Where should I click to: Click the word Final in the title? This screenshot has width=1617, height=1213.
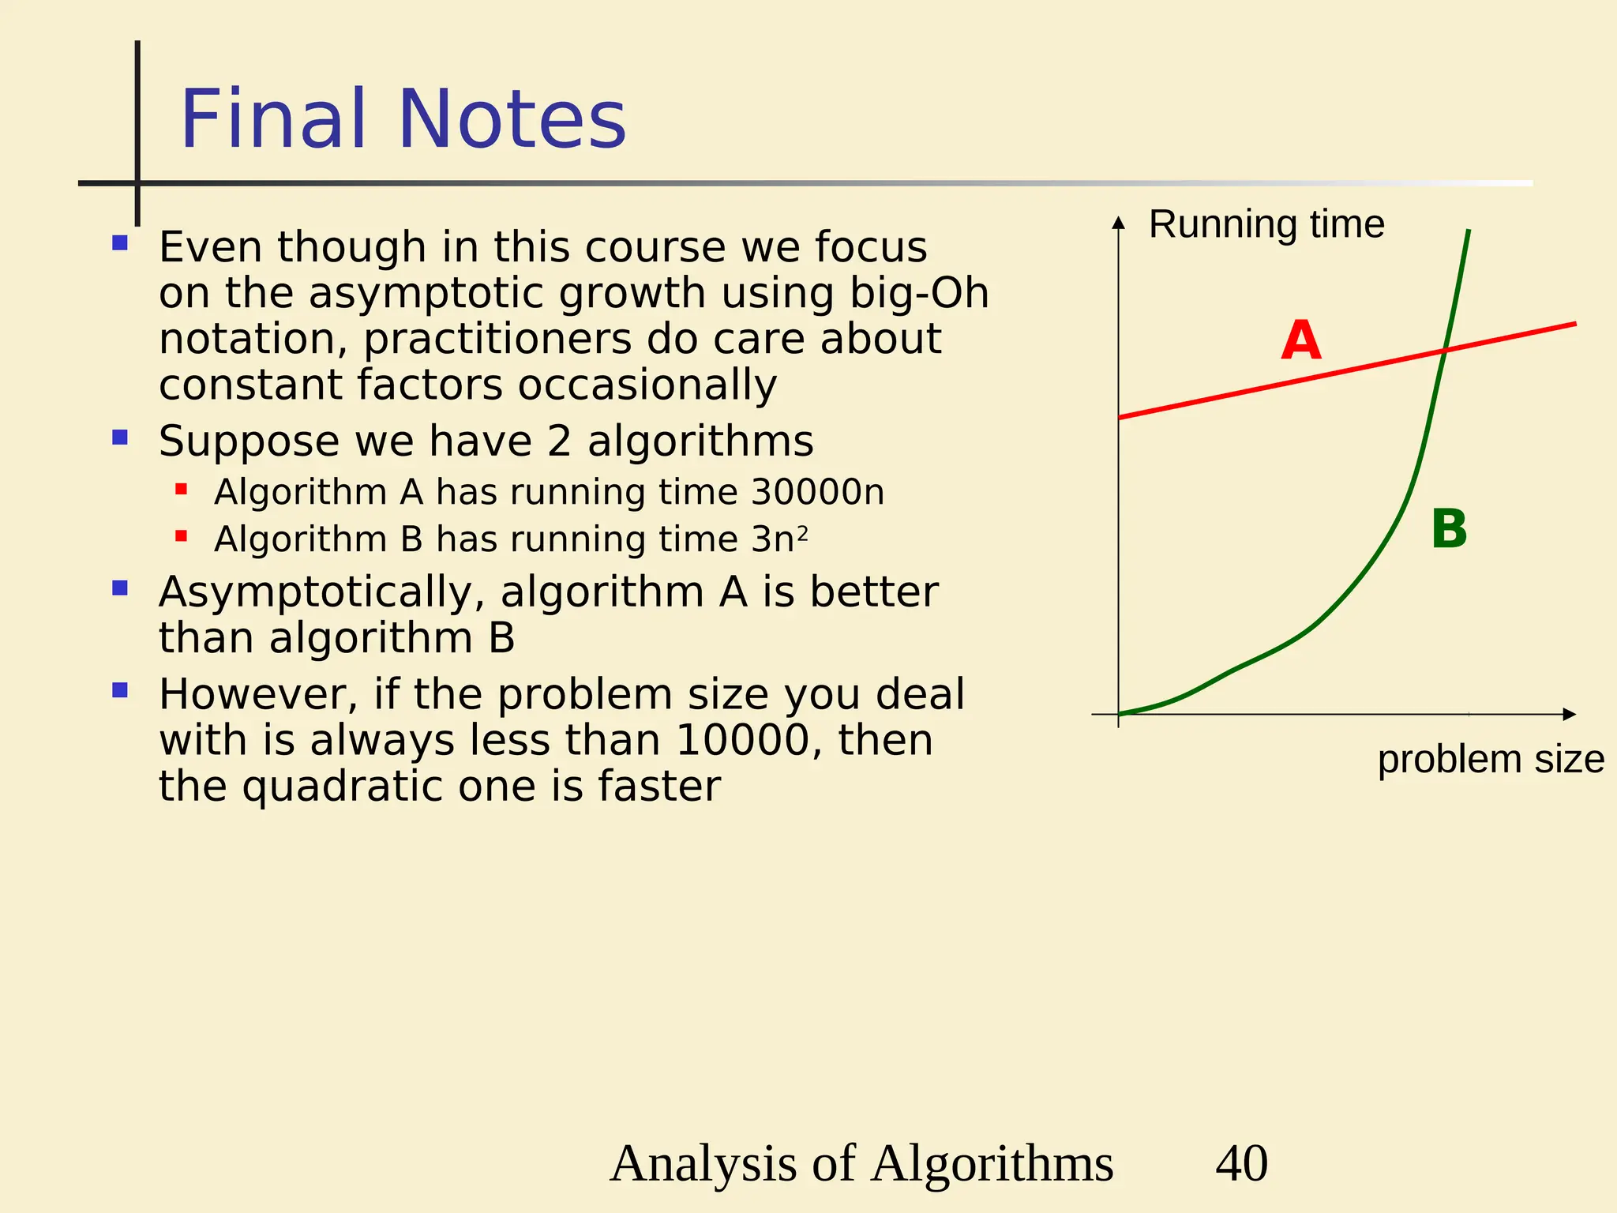pyautogui.click(x=273, y=120)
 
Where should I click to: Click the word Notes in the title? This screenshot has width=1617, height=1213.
pyautogui.click(x=512, y=120)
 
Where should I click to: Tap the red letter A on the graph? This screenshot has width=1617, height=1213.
pyautogui.click(x=1300, y=341)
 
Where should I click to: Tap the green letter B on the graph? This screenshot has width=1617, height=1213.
pyautogui.click(x=1449, y=529)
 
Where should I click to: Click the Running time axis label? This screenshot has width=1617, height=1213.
pyautogui.click(x=1266, y=224)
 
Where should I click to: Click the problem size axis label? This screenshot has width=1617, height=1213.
pyautogui.click(x=1490, y=760)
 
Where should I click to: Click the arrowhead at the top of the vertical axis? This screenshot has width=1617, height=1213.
pyautogui.click(x=1118, y=223)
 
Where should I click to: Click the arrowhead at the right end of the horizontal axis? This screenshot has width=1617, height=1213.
pyautogui.click(x=1570, y=714)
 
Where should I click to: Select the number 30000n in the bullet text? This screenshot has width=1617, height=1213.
pyautogui.click(x=817, y=492)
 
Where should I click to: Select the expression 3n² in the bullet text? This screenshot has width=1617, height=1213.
pyautogui.click(x=778, y=539)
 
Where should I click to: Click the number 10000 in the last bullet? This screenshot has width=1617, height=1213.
pyautogui.click(x=743, y=741)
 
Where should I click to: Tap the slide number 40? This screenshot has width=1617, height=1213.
pyautogui.click(x=1241, y=1163)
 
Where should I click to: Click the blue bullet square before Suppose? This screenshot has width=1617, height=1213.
pyautogui.click(x=120, y=438)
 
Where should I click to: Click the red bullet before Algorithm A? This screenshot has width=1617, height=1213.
pyautogui.click(x=181, y=490)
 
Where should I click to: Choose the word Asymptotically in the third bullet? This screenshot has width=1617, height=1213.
pyautogui.click(x=321, y=592)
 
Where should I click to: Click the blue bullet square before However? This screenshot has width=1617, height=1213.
pyautogui.click(x=120, y=691)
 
